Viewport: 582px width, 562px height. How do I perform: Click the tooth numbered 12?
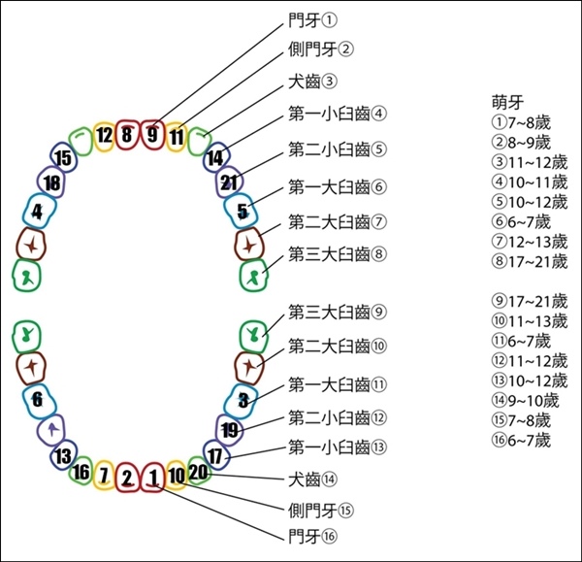coord(104,137)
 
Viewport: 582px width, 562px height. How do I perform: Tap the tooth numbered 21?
coord(229,182)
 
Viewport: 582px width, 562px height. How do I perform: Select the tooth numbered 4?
coord(39,211)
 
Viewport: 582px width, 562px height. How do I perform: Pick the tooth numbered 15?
coord(64,157)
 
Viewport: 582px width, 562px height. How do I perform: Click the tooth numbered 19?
coord(230,430)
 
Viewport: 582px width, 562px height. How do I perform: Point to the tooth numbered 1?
coord(152,478)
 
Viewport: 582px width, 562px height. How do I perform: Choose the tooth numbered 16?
coord(81,473)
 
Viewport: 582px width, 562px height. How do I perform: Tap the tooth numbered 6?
coord(39,401)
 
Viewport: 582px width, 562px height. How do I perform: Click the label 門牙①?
coord(312,20)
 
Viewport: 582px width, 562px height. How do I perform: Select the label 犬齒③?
coord(312,82)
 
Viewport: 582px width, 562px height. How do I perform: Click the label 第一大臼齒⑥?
coord(338,186)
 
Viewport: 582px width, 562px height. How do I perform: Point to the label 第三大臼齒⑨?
coord(338,312)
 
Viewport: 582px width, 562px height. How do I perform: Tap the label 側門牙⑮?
coord(321,511)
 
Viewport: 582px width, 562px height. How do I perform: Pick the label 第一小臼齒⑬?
coord(338,447)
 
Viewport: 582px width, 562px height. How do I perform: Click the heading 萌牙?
coord(507,103)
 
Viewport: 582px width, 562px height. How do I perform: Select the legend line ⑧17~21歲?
coord(530,261)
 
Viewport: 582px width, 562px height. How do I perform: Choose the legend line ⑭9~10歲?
coord(525,401)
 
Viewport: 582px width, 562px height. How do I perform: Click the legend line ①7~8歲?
coord(521,122)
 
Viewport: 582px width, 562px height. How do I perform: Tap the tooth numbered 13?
coord(64,455)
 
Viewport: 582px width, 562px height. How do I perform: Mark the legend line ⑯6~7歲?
coord(521,440)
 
